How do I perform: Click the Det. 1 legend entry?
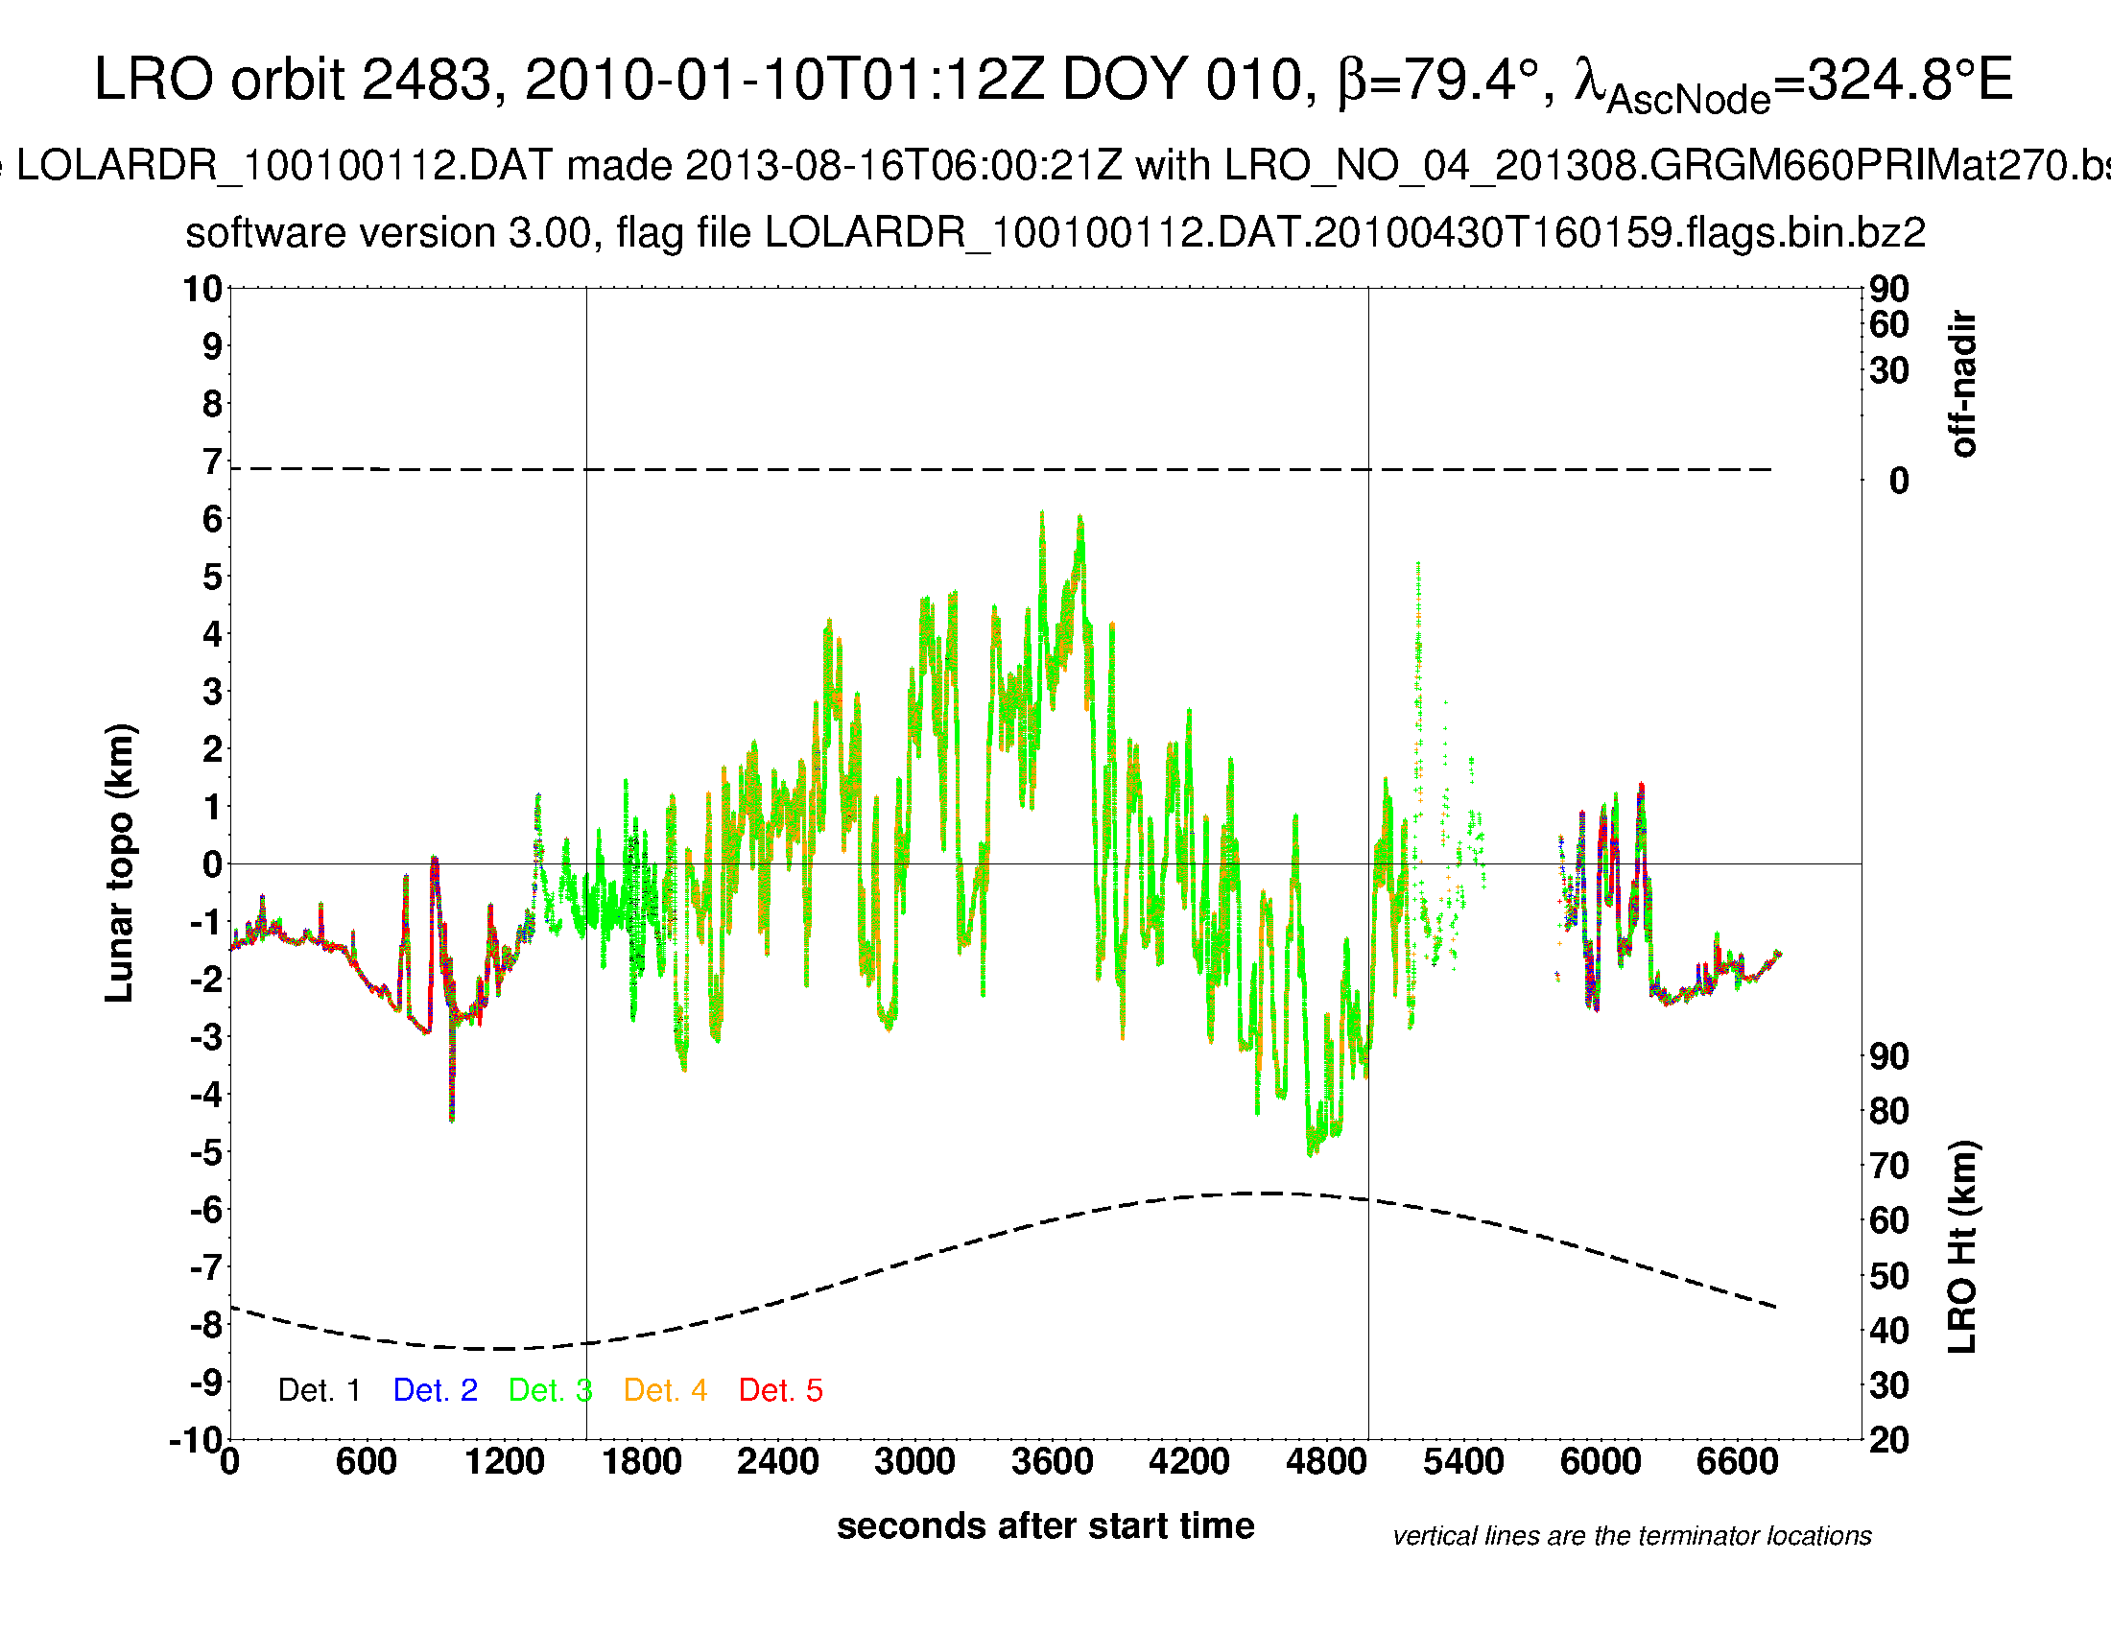[319, 1389]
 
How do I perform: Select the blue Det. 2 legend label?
[435, 1389]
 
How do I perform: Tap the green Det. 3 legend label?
[550, 1389]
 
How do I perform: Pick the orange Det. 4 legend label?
[665, 1389]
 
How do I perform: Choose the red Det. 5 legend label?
[780, 1389]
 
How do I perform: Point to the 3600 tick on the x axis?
[1052, 1460]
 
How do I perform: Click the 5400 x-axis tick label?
[1463, 1460]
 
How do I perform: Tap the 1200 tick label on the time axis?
[504, 1460]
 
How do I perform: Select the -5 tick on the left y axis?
[205, 1152]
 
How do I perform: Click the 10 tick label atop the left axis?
[203, 288]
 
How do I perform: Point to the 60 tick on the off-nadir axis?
[1888, 324]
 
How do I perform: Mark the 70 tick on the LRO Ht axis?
[1888, 1166]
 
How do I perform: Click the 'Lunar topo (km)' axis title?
[120, 863]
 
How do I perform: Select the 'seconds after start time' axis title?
[1045, 1525]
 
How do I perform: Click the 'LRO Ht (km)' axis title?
[1962, 1246]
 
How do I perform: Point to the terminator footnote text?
[1631, 1535]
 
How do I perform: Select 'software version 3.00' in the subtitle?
[388, 233]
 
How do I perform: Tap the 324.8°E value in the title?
[1909, 80]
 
